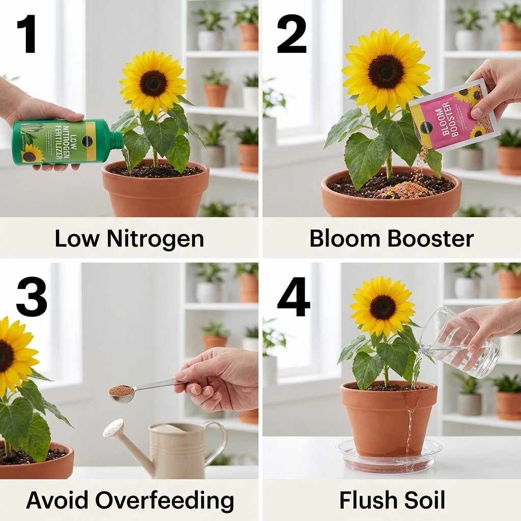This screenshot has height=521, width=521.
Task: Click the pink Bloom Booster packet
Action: pyautogui.click(x=451, y=115)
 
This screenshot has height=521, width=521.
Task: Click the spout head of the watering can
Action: pyautogui.click(x=113, y=428)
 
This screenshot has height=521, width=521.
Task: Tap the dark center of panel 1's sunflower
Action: pyautogui.click(x=153, y=83)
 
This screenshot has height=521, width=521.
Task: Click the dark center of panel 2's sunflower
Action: pyautogui.click(x=386, y=72)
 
